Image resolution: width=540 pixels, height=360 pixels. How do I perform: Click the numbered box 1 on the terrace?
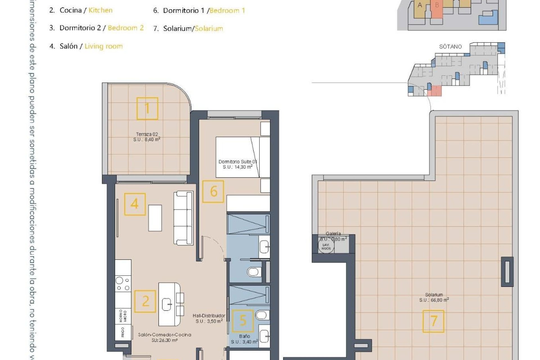click(x=147, y=109)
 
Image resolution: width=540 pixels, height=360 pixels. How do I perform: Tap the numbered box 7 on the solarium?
click(x=433, y=321)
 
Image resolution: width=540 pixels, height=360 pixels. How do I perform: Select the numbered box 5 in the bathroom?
click(x=243, y=321)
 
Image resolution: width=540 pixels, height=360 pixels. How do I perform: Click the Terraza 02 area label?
click(x=147, y=137)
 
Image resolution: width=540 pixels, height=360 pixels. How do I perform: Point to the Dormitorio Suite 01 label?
click(x=238, y=164)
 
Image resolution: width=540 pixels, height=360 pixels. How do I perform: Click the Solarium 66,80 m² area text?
click(x=434, y=298)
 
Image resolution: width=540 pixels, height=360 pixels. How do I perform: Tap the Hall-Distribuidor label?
click(x=209, y=318)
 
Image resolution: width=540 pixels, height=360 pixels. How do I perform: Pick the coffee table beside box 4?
click(x=155, y=218)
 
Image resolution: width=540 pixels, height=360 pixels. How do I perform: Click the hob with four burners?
click(x=123, y=283)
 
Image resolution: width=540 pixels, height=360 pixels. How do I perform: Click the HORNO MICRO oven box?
click(x=123, y=316)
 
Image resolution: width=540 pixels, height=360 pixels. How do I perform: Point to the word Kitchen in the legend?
click(x=100, y=10)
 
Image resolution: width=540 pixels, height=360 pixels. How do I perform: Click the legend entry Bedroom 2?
click(x=125, y=28)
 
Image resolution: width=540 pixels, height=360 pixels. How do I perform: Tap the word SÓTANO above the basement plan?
click(x=450, y=47)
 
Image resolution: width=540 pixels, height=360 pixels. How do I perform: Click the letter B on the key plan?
click(x=437, y=5)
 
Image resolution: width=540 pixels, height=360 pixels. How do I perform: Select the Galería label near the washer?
click(x=333, y=233)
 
